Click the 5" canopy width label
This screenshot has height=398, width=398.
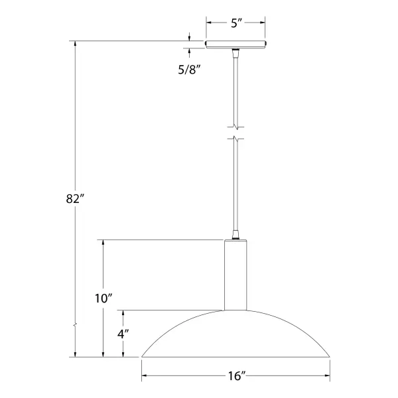click(x=236, y=23)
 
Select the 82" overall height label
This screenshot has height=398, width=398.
click(x=74, y=198)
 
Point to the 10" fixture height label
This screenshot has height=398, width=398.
click(x=103, y=298)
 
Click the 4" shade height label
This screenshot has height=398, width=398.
click(x=123, y=334)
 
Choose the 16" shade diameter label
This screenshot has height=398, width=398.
click(x=237, y=376)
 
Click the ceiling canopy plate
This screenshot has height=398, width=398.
click(x=235, y=44)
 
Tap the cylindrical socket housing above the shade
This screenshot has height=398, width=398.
click(x=235, y=275)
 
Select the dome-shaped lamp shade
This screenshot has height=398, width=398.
click(x=235, y=334)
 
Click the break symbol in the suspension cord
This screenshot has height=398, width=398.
click(x=236, y=133)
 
